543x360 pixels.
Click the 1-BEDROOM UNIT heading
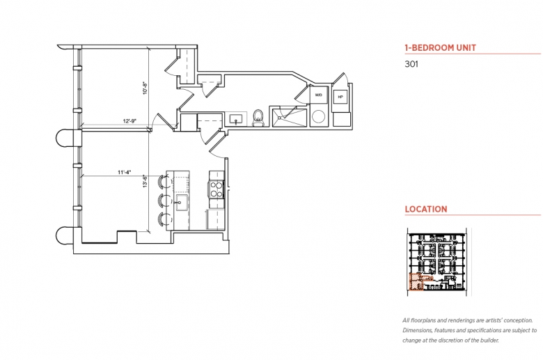(441, 48)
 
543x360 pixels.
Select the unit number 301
(411, 64)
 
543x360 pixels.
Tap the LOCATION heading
(426, 210)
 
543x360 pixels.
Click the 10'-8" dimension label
(145, 88)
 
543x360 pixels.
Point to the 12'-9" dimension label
(130, 121)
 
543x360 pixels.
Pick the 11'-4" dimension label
(125, 172)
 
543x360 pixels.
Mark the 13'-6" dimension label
(145, 181)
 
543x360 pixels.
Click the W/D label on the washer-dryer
(319, 95)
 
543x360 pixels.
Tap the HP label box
(340, 97)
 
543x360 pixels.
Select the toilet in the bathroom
(258, 118)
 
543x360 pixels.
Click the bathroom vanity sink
(236, 120)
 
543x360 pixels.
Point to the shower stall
(290, 118)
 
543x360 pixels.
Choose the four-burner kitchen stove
(217, 189)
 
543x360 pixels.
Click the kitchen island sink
(181, 203)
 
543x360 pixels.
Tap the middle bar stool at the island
(164, 201)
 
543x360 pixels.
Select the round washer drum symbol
(318, 116)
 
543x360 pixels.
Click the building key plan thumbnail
(436, 262)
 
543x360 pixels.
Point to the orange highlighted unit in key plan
(416, 282)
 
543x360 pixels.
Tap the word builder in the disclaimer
(489, 341)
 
